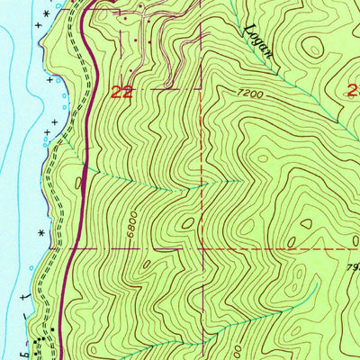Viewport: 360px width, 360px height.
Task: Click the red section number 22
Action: (122, 91)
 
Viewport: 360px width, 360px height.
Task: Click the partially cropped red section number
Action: (353, 89)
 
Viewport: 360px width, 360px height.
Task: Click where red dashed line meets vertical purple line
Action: (202, 247)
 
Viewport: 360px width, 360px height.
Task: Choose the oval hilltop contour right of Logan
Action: (311, 50)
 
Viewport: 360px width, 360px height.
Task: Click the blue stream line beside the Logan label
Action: (270, 63)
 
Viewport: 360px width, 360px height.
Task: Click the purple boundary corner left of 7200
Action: (202, 89)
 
